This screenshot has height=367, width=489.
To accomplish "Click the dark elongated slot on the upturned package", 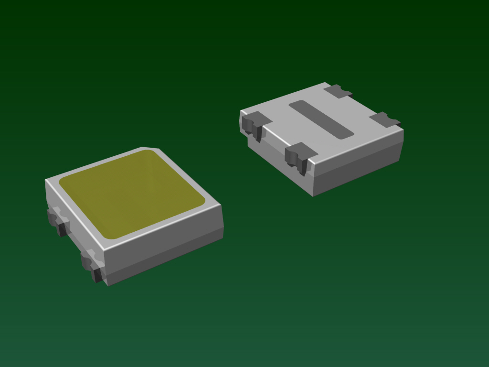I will (x=321, y=119).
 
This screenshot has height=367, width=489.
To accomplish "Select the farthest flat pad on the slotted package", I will (x=338, y=91).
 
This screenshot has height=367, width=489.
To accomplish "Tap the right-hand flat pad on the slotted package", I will (x=385, y=119).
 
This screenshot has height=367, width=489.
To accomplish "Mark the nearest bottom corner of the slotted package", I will (x=313, y=195).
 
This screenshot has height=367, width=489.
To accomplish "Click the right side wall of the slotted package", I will (x=358, y=165).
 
